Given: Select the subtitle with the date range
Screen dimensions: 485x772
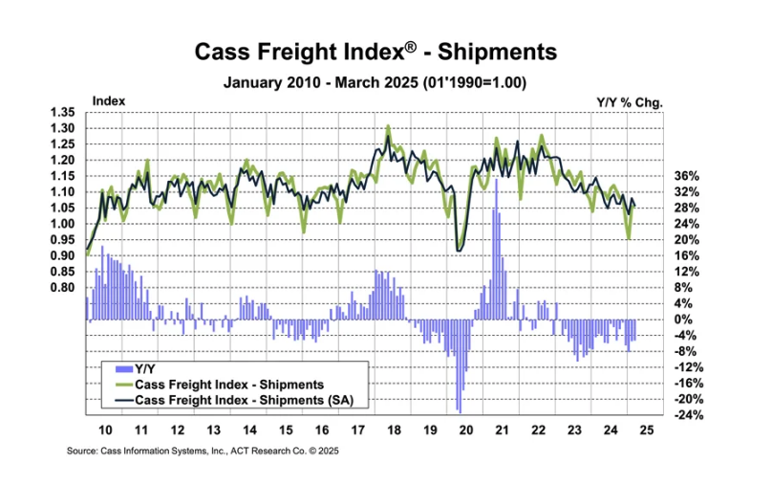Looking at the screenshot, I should click(375, 83).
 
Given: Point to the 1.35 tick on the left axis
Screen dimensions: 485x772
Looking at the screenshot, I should click(62, 112).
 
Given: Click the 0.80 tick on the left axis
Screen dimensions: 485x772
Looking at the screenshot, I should click(62, 287).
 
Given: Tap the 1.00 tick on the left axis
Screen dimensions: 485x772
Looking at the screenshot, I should click(62, 224).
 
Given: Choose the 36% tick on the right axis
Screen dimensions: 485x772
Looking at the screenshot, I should click(686, 176).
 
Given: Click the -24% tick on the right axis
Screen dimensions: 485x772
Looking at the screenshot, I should click(688, 415).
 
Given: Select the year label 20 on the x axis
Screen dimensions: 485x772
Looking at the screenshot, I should click(465, 431).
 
